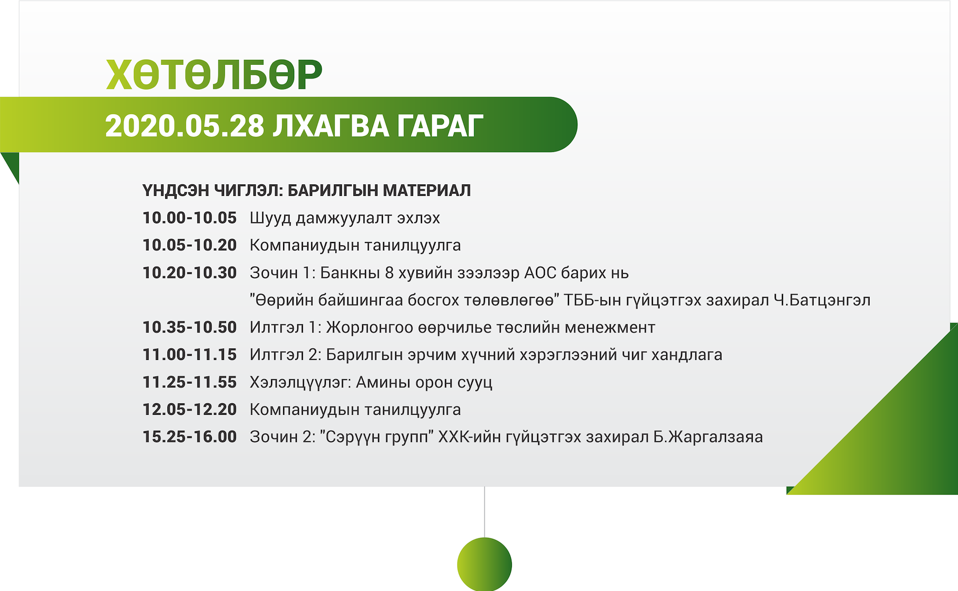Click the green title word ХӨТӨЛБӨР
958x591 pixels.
coord(214,75)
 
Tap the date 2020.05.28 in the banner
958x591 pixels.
coord(185,126)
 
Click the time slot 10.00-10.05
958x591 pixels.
coord(189,218)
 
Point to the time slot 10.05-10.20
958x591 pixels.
coord(189,245)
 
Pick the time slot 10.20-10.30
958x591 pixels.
coord(189,273)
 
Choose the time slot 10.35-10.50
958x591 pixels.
coord(189,328)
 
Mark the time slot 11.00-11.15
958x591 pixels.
coord(189,355)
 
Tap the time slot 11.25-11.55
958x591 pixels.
coord(189,382)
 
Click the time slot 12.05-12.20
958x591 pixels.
coord(189,410)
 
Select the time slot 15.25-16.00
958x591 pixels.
coord(189,437)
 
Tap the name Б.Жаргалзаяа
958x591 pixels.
coord(708,437)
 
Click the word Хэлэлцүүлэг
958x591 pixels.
coord(301,382)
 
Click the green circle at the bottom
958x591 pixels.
coord(484,565)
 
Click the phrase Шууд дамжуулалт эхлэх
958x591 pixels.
coord(345,218)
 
